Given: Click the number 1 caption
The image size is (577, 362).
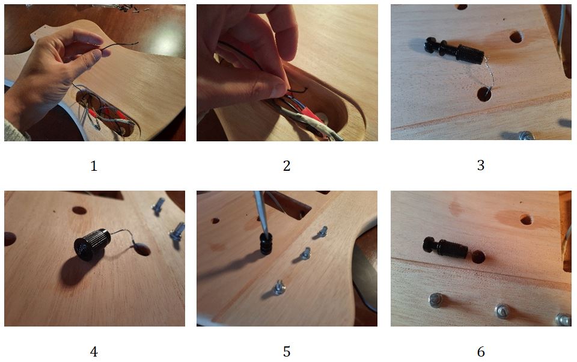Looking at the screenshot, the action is click(x=94, y=166).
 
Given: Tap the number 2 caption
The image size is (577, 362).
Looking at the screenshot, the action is click(x=287, y=166).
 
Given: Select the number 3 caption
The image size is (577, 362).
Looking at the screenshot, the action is click(x=481, y=165).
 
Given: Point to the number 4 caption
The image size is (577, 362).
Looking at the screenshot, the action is click(x=94, y=352).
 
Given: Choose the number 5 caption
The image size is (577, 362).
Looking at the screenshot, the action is click(x=287, y=352).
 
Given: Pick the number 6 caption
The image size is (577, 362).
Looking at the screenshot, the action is click(x=481, y=352).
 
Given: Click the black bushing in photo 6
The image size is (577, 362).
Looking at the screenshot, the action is click(x=445, y=247).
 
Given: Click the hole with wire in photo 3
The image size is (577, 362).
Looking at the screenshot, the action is click(x=484, y=94).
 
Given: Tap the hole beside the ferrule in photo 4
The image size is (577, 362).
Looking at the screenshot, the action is click(x=141, y=250).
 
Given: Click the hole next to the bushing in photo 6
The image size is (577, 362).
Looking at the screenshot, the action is click(x=478, y=257).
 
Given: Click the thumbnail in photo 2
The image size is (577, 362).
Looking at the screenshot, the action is click(x=278, y=87).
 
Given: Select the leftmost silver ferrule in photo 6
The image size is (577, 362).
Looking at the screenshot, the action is click(x=436, y=300).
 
